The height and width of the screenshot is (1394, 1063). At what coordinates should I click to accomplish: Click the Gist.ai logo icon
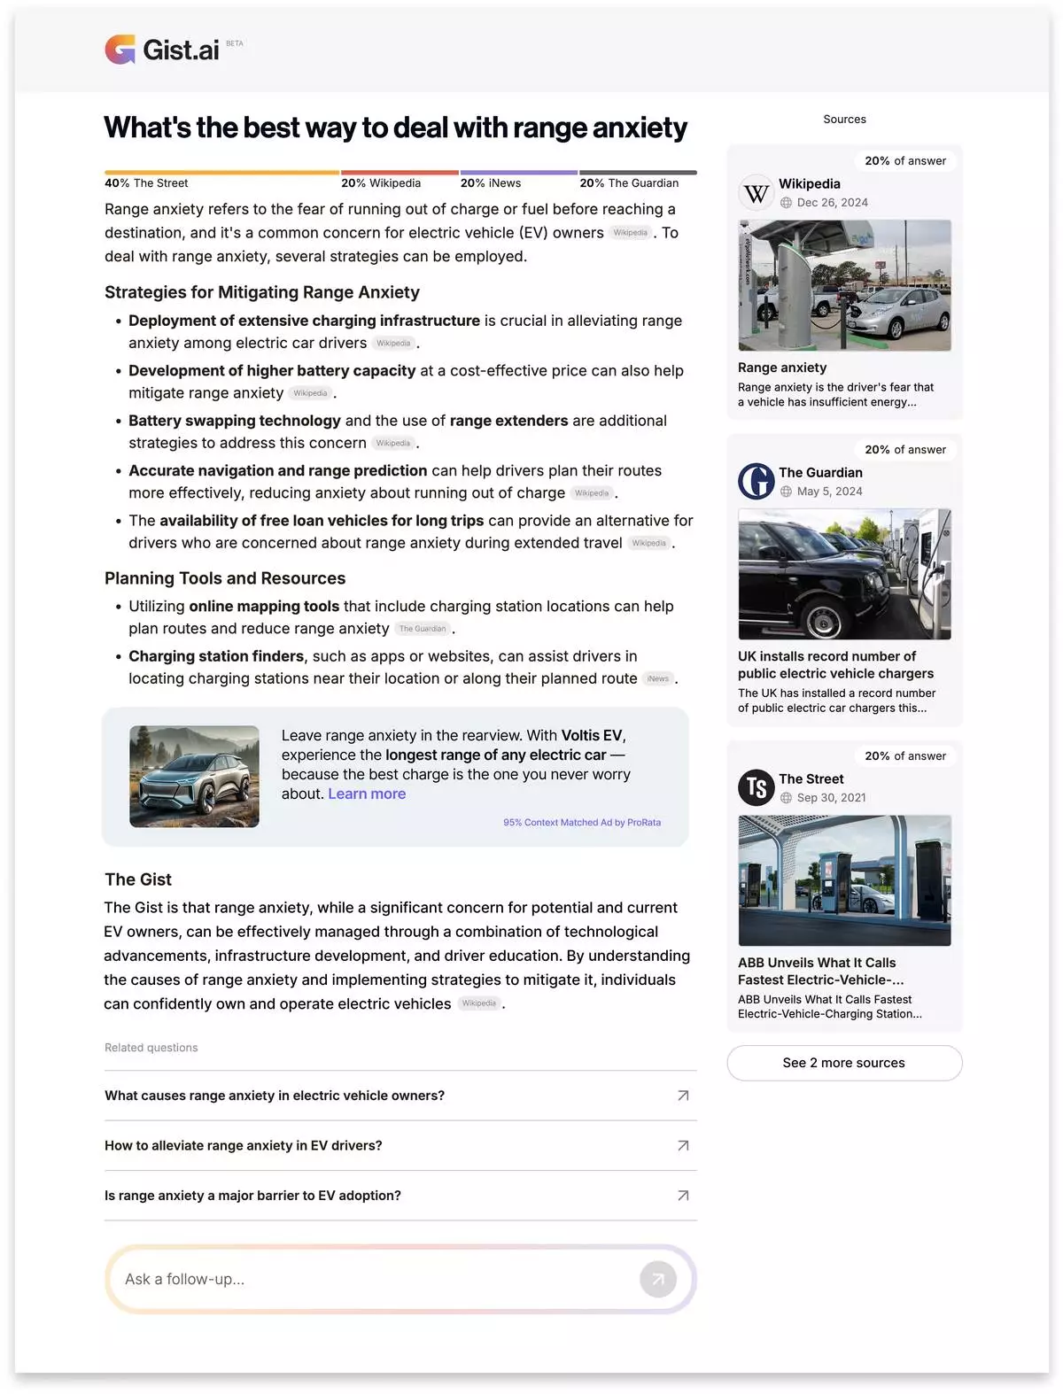click(120, 50)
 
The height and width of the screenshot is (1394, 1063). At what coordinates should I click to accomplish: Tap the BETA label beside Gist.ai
click(235, 43)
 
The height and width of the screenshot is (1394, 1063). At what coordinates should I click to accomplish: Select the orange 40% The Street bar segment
click(221, 172)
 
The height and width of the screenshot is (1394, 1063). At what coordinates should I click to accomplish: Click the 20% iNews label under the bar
click(491, 183)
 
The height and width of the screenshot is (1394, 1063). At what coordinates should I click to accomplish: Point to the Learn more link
click(367, 794)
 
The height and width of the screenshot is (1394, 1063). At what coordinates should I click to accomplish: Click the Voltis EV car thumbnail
click(194, 777)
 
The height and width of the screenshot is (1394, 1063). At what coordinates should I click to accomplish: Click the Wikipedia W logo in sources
click(757, 193)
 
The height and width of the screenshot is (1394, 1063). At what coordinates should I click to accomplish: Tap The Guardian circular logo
click(757, 482)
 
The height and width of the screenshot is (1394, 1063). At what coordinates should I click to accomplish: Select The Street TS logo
click(757, 787)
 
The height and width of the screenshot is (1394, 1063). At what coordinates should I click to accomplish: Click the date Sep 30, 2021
click(831, 798)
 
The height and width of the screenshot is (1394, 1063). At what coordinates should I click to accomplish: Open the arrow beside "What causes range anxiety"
click(683, 1096)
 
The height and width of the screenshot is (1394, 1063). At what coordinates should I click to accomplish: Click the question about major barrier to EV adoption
click(252, 1196)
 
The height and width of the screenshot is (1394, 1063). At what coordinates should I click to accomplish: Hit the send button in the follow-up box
click(658, 1279)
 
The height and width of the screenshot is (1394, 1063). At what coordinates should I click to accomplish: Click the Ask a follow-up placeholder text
click(184, 1279)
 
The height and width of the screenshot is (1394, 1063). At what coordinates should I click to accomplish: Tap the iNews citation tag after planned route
click(658, 679)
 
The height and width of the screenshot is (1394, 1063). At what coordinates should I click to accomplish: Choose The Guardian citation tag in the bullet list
click(423, 629)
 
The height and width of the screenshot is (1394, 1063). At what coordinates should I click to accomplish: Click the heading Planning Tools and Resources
click(225, 578)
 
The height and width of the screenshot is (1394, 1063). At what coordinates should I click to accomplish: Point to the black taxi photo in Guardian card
click(844, 574)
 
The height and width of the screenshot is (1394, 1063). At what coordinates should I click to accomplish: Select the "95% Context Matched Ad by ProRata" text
click(582, 823)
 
